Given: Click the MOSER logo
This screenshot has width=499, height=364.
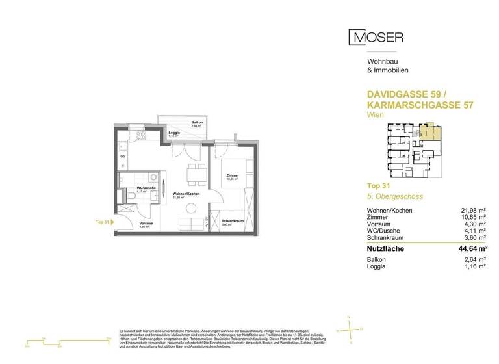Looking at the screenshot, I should pyautogui.click(x=376, y=38).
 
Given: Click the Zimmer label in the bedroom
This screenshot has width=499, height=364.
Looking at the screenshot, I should pyautogui.click(x=232, y=175).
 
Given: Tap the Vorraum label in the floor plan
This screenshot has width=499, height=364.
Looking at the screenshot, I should pyautogui.click(x=146, y=223).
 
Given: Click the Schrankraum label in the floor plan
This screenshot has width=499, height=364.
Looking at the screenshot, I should pyautogui.click(x=232, y=221).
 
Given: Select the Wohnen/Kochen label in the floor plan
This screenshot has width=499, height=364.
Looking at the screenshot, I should pyautogui.click(x=185, y=194).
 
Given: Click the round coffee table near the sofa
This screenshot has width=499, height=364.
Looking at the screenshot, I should pyautogui.click(x=192, y=208).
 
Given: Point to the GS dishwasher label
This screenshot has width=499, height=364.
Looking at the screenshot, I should pyautogui.click(x=122, y=157).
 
